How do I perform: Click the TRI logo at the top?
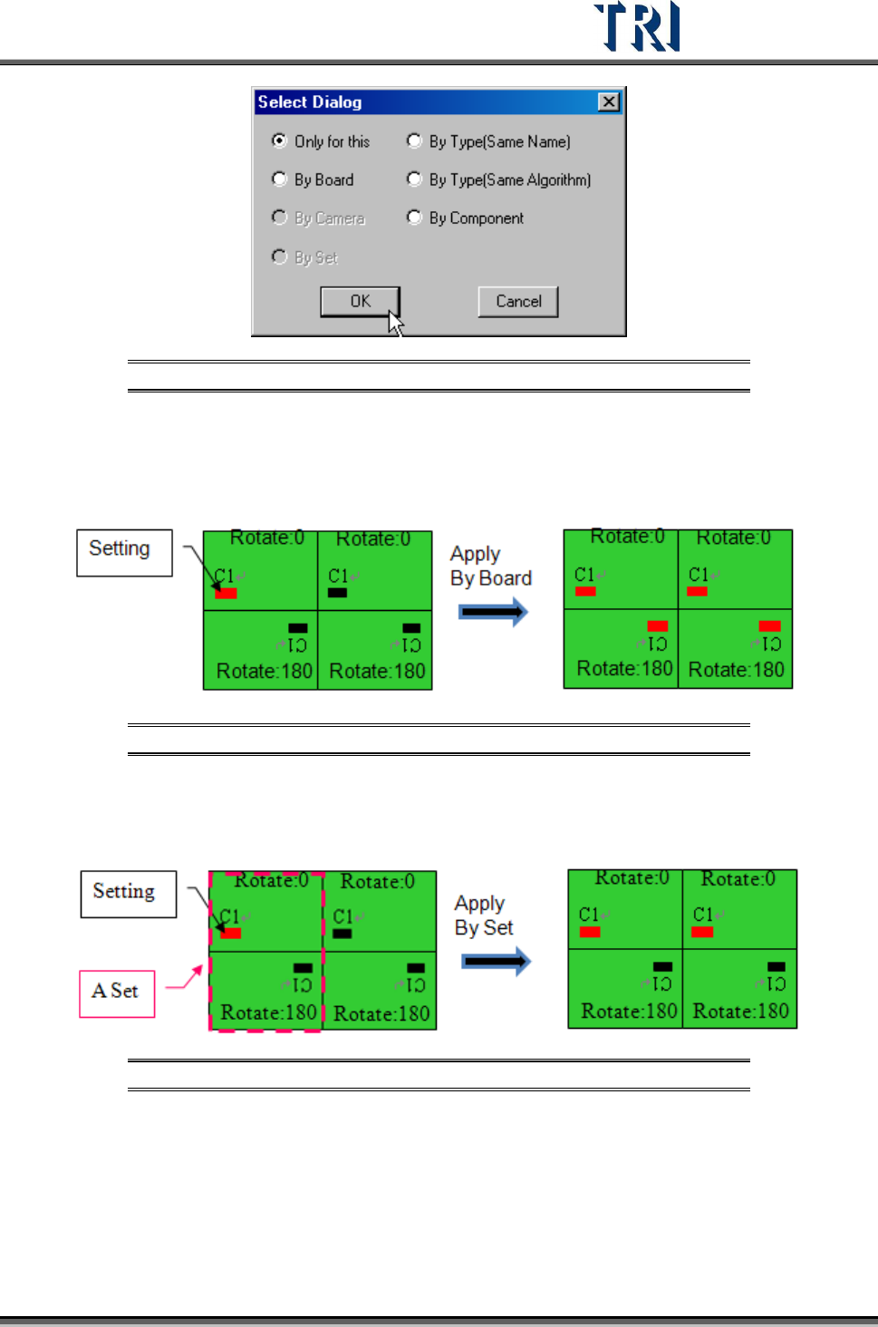636,27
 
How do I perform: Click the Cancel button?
518,302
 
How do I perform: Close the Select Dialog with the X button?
609,102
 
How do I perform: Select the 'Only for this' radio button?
280,140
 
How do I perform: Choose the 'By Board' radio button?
280,179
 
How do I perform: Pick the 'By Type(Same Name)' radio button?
414,140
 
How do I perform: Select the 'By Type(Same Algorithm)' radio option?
414,179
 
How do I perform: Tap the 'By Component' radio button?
414,218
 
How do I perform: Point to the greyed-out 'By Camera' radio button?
280,218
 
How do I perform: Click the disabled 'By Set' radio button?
280,257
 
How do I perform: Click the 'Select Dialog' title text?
310,102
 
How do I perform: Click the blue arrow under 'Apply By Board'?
493,613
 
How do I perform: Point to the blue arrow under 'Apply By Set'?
497,961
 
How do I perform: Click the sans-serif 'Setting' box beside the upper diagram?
124,552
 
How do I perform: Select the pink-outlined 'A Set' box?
117,993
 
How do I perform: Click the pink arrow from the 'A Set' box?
185,979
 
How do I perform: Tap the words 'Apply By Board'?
490,566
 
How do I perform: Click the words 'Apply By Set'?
484,915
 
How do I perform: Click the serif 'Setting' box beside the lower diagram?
128,894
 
